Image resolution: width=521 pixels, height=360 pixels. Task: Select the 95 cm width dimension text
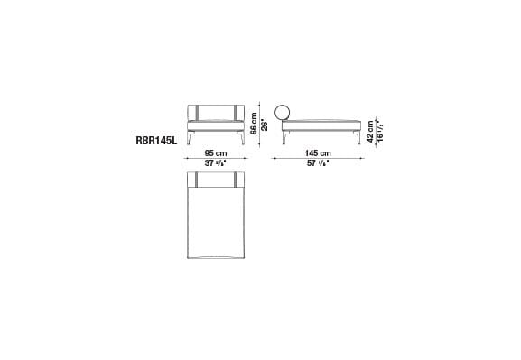214,153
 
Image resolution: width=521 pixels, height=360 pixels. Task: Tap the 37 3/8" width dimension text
214,164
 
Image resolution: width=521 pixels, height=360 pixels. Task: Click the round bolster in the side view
283,114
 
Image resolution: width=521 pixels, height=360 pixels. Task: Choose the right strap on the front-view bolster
236,113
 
